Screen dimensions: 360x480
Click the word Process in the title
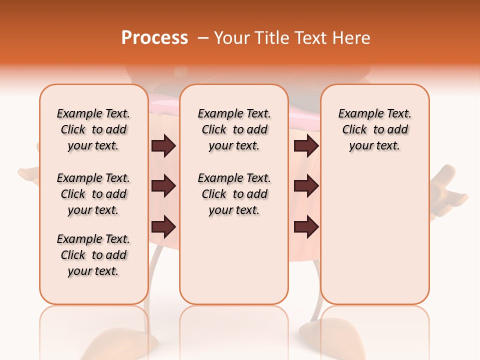click(x=154, y=37)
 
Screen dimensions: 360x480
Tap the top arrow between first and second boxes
click(x=163, y=145)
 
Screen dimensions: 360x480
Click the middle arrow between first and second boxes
click(x=163, y=186)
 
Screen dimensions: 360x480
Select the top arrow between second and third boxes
click(x=306, y=145)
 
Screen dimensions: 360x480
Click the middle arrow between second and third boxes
click(x=306, y=186)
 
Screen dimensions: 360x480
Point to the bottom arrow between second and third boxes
click(x=306, y=226)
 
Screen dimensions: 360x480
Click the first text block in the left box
click(x=93, y=129)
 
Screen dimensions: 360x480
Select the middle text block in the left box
click(x=93, y=194)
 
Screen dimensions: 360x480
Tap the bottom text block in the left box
click(x=93, y=255)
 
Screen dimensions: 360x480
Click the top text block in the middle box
click(x=234, y=129)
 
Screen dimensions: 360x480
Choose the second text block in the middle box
click(x=234, y=194)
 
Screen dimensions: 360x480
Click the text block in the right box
click(x=374, y=129)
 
